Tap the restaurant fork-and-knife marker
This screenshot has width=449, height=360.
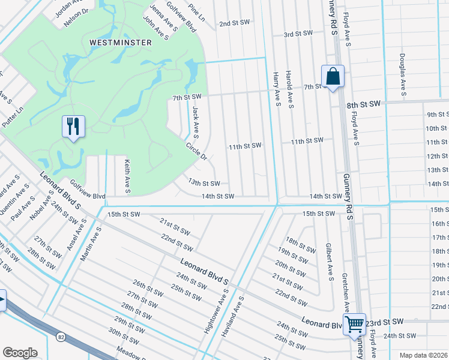tap(73, 127)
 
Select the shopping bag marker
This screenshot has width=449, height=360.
tap(333, 77)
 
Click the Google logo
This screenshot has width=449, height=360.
tap(20, 353)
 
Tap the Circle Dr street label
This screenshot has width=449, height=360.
tap(196, 151)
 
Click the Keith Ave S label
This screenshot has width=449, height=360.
tap(127, 176)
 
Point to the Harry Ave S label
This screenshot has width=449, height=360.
tap(277, 89)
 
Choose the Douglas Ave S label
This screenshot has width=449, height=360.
tap(402, 74)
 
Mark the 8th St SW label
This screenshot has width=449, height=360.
tap(364, 104)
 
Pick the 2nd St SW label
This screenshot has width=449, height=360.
tap(234, 23)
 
